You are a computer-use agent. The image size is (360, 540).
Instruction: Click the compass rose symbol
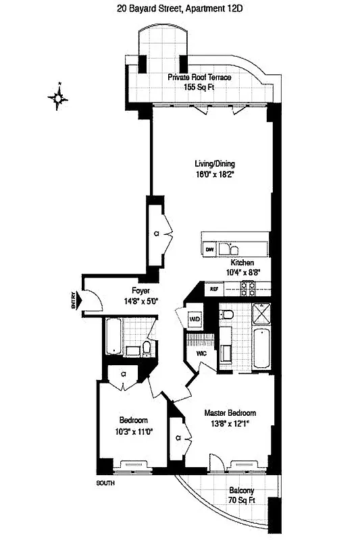[x=59, y=99]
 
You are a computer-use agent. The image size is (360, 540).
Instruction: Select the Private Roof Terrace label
[x=200, y=78]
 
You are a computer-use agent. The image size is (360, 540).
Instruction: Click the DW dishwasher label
[x=209, y=249]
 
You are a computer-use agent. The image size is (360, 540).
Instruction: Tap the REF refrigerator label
[x=214, y=289]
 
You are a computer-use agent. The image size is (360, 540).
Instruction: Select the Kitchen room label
[x=242, y=263]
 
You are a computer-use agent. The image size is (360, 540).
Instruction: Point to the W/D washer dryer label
[x=193, y=317]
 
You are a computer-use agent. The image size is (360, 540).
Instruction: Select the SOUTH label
[x=105, y=483]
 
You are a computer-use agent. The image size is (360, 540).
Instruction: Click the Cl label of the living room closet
[x=156, y=234]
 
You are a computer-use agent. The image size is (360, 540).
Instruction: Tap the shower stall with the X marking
[x=260, y=313]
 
